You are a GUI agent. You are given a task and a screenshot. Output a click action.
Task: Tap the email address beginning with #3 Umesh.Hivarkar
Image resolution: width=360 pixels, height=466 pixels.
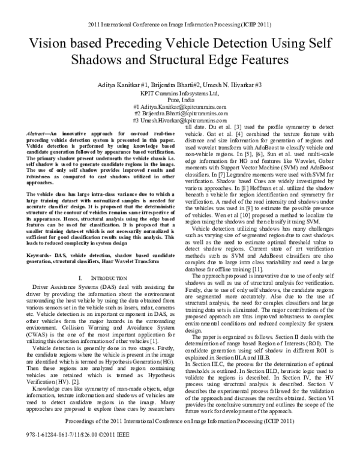[180, 120]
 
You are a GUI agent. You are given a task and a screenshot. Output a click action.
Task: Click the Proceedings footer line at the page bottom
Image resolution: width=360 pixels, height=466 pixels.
[180, 438]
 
